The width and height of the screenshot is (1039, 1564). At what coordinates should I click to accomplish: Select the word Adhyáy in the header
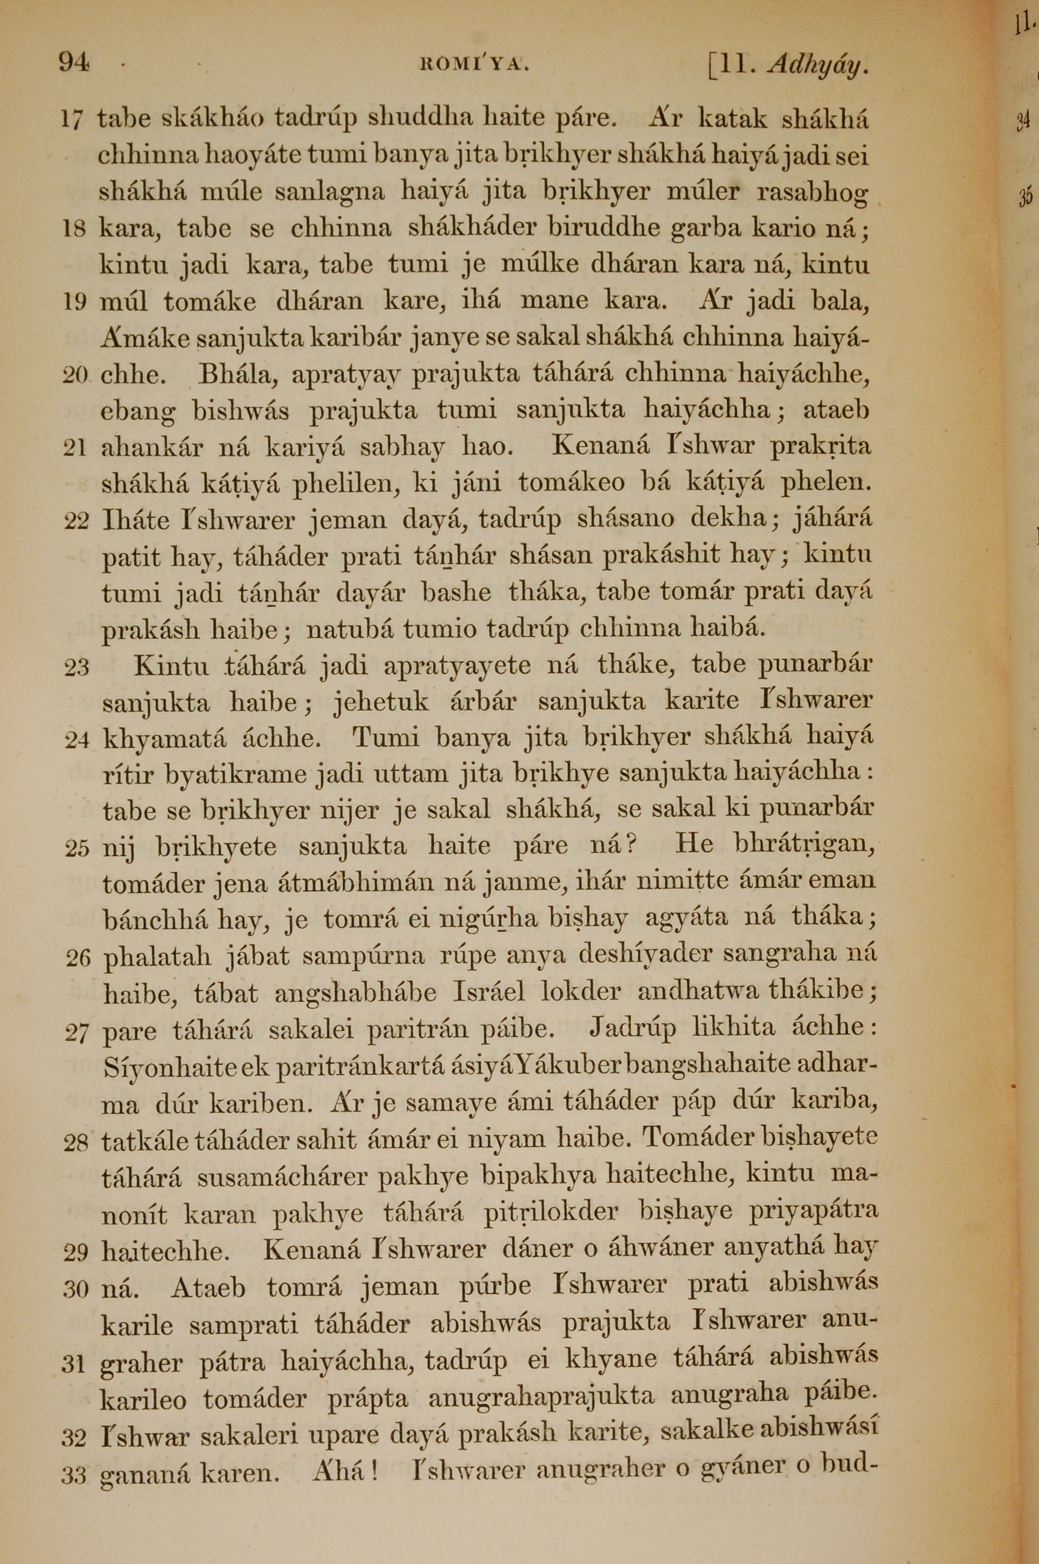point(816,65)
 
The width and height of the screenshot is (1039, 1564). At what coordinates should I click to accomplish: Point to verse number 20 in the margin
point(75,376)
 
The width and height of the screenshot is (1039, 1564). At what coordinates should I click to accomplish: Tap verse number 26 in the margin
point(77,959)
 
